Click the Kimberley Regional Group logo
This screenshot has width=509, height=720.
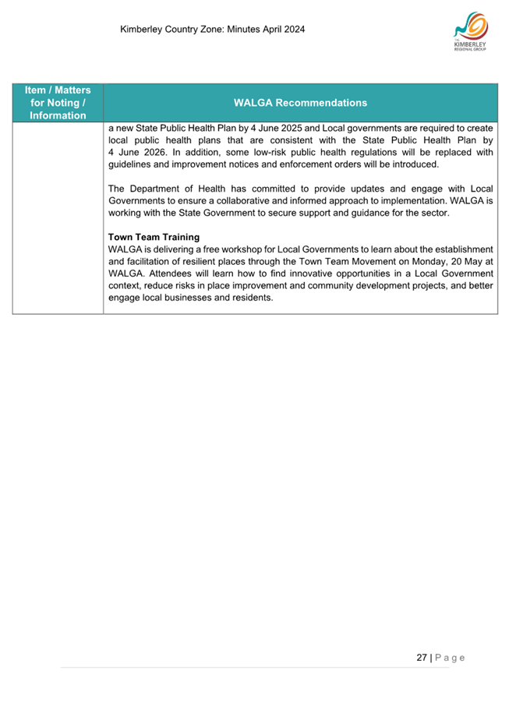(x=470, y=32)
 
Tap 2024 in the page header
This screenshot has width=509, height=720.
(x=292, y=30)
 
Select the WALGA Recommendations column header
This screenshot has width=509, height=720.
(x=300, y=102)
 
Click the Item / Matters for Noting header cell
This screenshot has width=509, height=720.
(x=58, y=102)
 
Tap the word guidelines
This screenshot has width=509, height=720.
(x=132, y=164)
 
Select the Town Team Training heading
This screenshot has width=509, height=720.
(x=154, y=237)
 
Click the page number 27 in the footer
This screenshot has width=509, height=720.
(x=422, y=658)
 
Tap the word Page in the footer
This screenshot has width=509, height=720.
(x=450, y=658)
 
